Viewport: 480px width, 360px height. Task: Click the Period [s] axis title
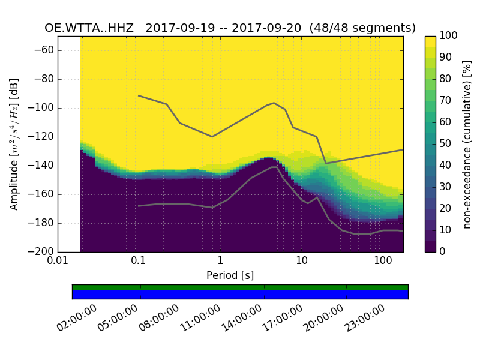230,275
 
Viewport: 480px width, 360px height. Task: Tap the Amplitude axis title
14,144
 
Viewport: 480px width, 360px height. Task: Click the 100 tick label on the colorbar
449,37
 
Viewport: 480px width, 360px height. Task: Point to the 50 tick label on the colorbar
446,144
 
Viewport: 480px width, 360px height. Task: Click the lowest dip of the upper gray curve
326,163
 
